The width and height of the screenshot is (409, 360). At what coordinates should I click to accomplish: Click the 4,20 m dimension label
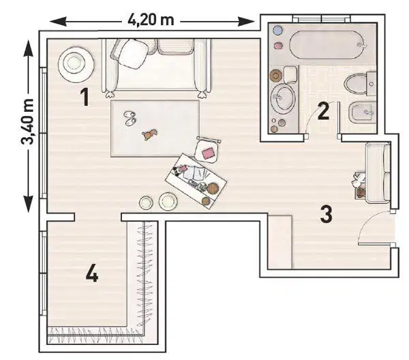click(x=151, y=20)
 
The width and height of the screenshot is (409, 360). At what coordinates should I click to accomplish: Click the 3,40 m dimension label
click(x=27, y=122)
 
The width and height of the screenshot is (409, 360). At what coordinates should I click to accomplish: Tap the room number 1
click(x=85, y=97)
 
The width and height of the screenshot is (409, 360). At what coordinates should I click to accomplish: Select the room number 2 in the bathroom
click(x=323, y=111)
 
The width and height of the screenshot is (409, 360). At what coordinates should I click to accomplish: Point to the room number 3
click(x=326, y=215)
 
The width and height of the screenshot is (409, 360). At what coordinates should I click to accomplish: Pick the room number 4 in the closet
click(x=92, y=273)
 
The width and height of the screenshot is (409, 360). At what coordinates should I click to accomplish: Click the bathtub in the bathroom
click(x=327, y=45)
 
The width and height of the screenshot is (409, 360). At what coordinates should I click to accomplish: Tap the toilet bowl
click(x=356, y=84)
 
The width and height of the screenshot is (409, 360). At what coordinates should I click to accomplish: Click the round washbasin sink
click(x=282, y=97)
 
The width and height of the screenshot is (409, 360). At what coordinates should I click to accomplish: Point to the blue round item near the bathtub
click(x=278, y=30)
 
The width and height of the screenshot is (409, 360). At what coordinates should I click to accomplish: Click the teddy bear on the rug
click(x=149, y=134)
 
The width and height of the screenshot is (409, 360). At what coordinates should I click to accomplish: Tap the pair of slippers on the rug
click(x=130, y=118)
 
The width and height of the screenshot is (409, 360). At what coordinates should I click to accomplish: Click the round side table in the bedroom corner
click(x=76, y=65)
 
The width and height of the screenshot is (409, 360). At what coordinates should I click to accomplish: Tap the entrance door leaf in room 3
click(x=376, y=244)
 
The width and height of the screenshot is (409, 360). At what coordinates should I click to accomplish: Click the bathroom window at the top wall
click(x=321, y=19)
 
